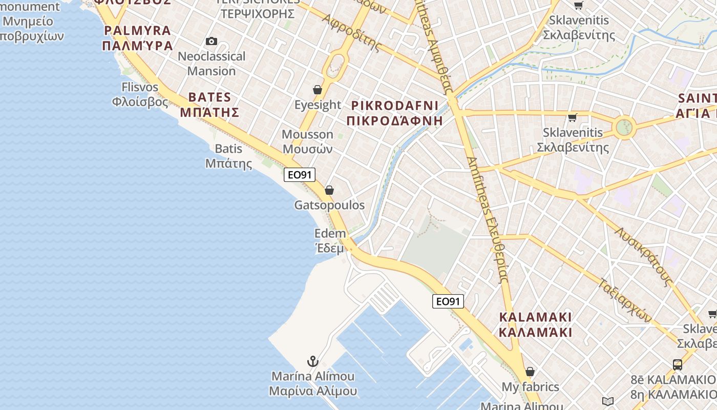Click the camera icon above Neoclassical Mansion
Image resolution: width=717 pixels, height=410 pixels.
click(211, 41)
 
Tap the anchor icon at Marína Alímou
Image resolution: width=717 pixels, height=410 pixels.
click(312, 362)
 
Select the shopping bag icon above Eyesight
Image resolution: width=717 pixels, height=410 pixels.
click(318, 90)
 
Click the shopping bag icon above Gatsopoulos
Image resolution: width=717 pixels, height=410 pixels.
click(329, 190)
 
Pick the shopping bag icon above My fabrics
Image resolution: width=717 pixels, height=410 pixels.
click(530, 371)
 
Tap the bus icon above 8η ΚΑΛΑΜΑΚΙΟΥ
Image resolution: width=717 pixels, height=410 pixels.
click(677, 364)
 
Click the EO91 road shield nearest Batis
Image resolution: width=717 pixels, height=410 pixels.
click(300, 175)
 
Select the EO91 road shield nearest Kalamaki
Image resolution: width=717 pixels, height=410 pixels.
click(448, 301)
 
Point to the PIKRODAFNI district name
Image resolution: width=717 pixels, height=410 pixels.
click(394, 106)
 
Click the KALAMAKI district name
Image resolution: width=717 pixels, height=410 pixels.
click(535, 317)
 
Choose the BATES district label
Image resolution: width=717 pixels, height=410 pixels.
click(209, 97)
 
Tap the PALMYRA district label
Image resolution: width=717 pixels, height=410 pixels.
click(137, 30)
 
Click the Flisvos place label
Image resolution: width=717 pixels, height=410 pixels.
click(140, 87)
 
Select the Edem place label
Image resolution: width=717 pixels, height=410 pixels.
click(330, 234)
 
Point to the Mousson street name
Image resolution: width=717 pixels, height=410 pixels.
click(307, 134)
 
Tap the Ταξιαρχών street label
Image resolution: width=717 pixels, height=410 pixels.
click(625, 300)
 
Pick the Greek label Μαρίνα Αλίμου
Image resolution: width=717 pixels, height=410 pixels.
click(313, 391)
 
